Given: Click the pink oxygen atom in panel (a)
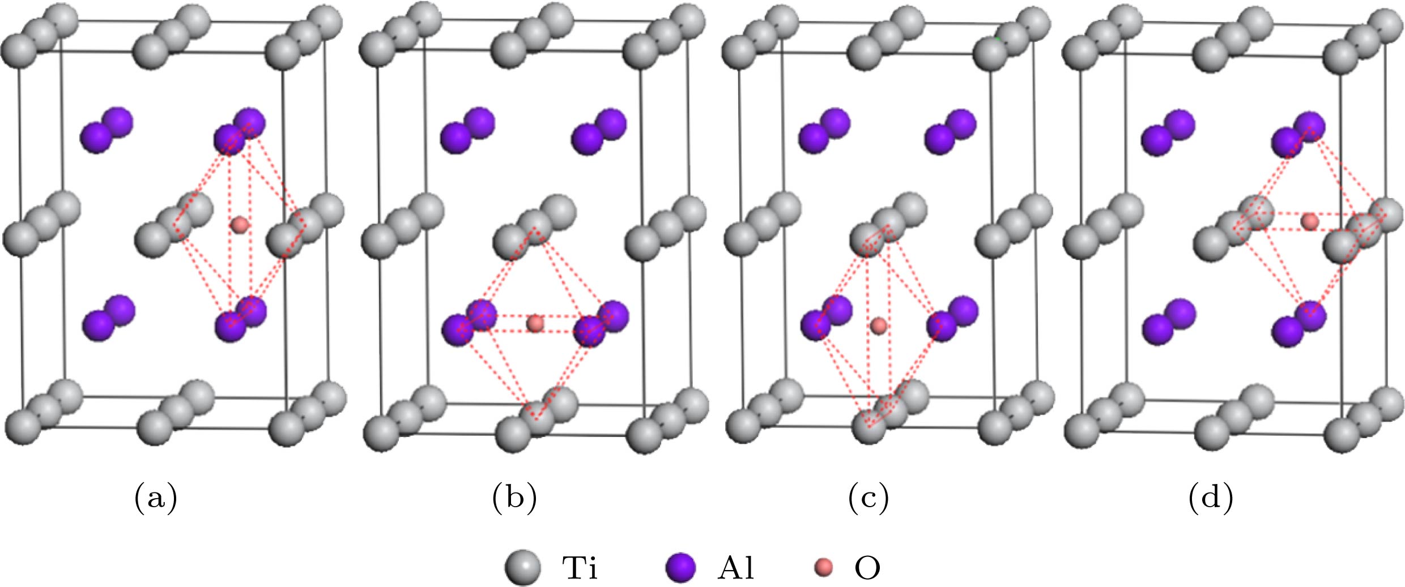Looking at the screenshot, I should click(240, 225).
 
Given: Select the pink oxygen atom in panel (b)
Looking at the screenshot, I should click(535, 324).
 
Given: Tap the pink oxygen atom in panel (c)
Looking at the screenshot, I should click(878, 325).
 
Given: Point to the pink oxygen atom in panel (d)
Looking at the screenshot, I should click(1309, 221).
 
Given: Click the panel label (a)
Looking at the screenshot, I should click(156, 499).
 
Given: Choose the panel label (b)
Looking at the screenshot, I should click(514, 499).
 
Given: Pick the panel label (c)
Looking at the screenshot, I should click(868, 499).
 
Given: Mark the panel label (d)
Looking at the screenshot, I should click(1211, 499).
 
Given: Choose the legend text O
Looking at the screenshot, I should click(867, 568).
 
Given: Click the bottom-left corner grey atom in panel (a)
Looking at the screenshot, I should click(23, 427).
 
